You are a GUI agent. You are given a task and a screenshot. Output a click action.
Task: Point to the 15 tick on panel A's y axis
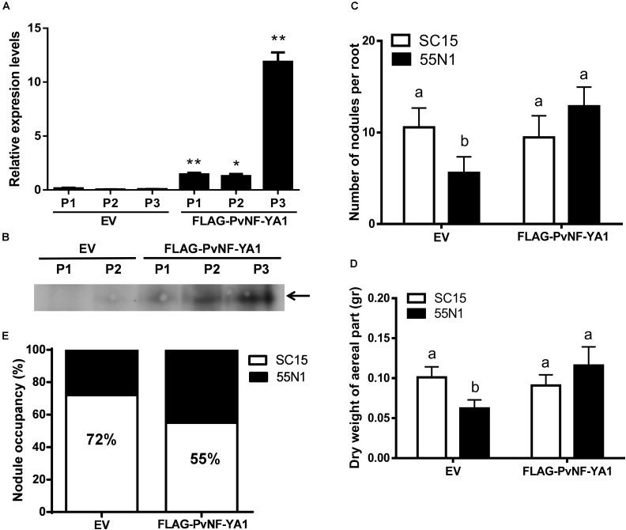[33, 28]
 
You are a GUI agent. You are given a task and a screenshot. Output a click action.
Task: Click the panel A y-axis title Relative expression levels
[14, 105]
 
